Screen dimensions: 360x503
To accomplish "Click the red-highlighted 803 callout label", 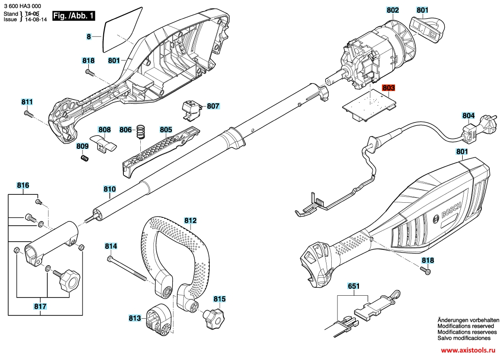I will (389, 88).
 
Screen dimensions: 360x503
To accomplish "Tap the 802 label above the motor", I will (393, 10).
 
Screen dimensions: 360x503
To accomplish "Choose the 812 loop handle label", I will (191, 220).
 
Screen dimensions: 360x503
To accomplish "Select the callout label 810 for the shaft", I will (109, 190).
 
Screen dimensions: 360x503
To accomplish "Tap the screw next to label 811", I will (29, 113).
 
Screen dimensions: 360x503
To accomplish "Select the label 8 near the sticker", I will (88, 36).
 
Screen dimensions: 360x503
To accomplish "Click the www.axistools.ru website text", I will (468, 350).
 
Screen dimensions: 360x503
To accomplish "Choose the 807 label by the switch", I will (213, 107).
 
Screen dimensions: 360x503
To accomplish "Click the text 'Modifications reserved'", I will (465, 326).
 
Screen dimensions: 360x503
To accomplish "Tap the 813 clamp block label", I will (135, 318).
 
